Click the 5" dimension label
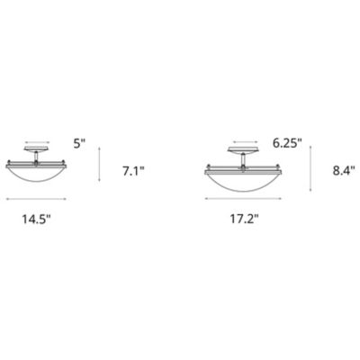click(x=80, y=141)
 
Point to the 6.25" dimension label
click(x=286, y=141)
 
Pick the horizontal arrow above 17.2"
click(x=243, y=199)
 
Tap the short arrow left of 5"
click(x=35, y=141)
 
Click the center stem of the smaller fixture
click(x=35, y=158)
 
